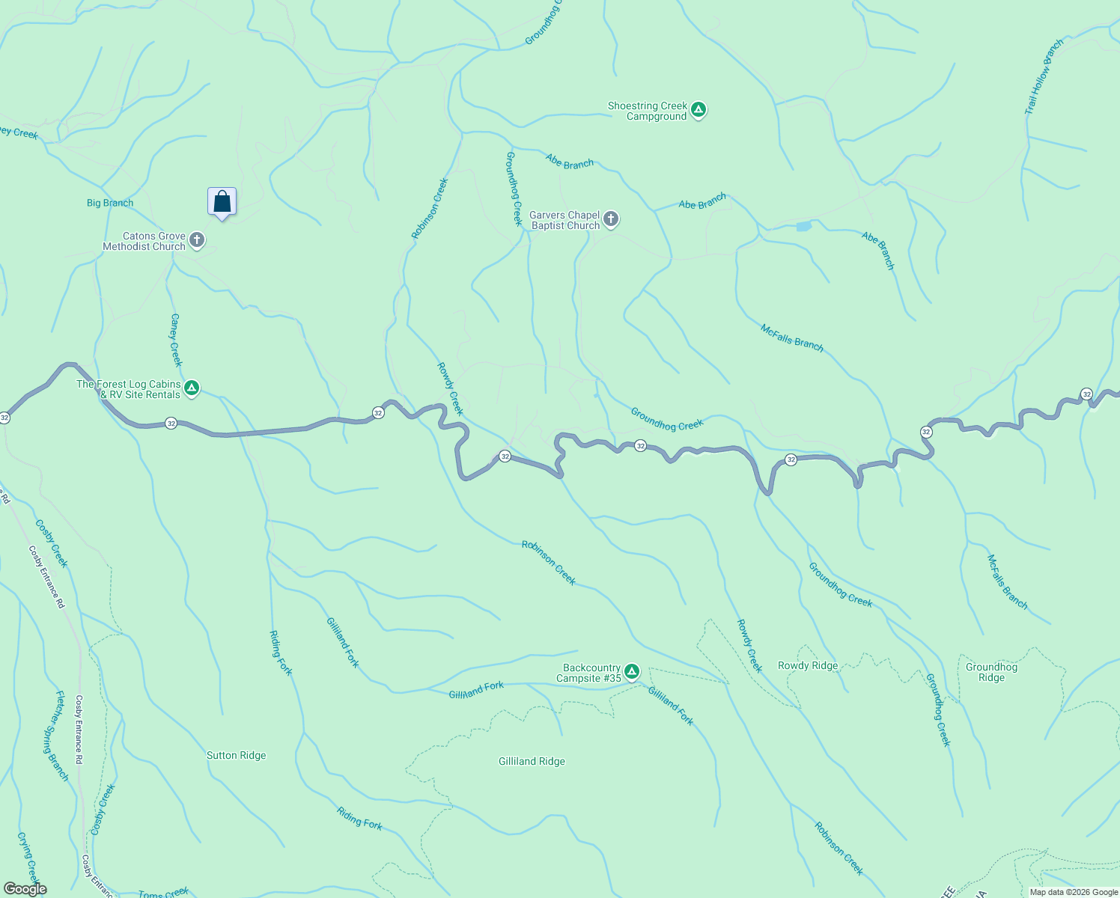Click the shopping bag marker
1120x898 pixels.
pos(222,202)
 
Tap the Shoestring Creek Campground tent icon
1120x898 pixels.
pos(699,111)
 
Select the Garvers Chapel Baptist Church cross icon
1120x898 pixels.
pos(611,219)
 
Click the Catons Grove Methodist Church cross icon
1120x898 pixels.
pos(197,240)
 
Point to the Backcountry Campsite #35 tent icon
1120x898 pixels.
pos(632,672)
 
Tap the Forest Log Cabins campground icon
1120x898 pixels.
pos(192,388)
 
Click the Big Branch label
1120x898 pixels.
pos(110,203)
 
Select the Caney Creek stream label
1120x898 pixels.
pos(176,340)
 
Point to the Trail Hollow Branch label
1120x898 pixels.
pos(1044,77)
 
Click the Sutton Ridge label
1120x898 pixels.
pos(236,755)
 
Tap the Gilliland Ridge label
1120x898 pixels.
pos(532,761)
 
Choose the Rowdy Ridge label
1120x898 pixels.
pos(808,665)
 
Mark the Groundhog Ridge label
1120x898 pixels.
pos(991,672)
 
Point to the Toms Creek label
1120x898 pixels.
pos(163,893)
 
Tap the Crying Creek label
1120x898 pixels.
pos(28,857)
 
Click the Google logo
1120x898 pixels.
pos(25,889)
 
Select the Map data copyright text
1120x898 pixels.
pos(1073,892)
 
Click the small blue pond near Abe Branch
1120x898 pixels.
pos(803,226)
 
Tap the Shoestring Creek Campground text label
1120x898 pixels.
pos(647,111)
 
